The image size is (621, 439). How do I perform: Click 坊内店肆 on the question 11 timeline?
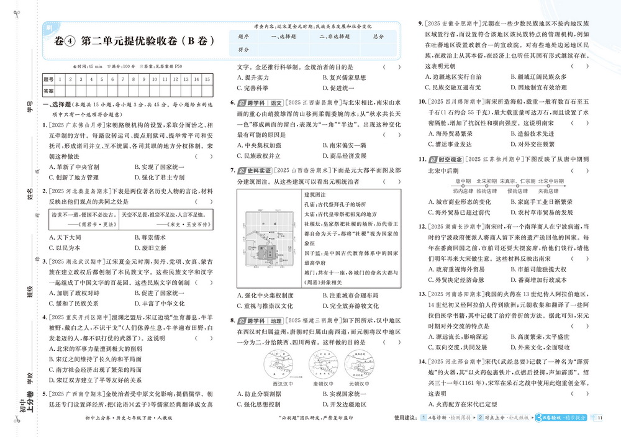click(x=463, y=191)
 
